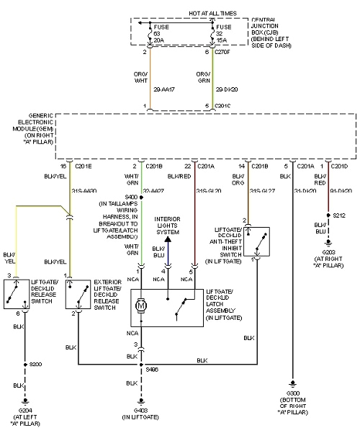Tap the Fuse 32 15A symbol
(212, 32)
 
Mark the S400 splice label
(132, 197)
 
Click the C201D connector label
(339, 166)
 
